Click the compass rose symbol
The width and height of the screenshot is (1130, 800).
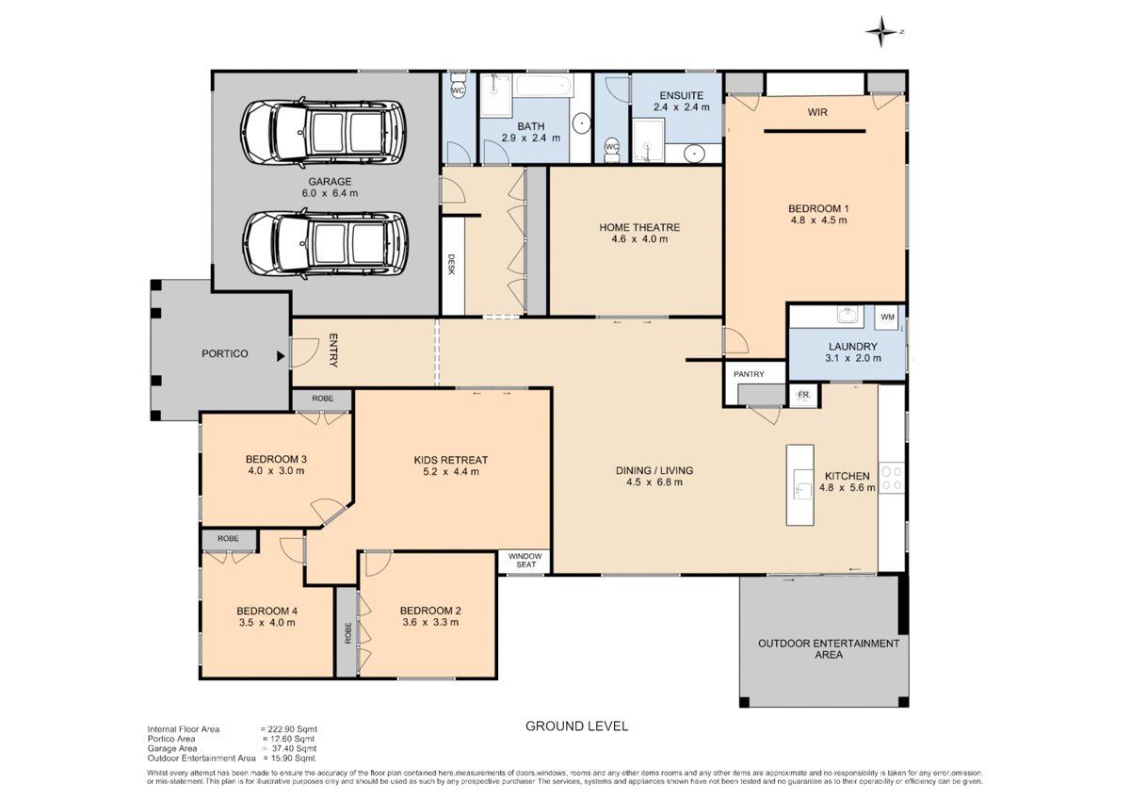(x=881, y=31)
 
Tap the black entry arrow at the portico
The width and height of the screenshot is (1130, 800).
(x=281, y=356)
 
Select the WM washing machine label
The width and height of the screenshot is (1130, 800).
(x=887, y=317)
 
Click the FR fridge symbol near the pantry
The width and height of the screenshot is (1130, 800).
(x=802, y=395)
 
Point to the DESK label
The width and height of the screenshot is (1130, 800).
(x=451, y=264)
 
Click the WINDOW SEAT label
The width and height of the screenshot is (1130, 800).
(x=525, y=561)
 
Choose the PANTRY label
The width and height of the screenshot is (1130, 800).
(x=749, y=374)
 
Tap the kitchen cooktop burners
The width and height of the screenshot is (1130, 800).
(x=892, y=479)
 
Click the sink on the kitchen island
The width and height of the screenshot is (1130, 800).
(x=802, y=484)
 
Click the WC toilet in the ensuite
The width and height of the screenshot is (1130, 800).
(x=612, y=149)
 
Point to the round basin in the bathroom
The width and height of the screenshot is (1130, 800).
(x=582, y=123)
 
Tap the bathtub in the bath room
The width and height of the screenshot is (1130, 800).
(x=544, y=86)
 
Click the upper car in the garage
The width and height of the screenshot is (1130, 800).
(x=323, y=133)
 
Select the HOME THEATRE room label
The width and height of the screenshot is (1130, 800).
(x=639, y=228)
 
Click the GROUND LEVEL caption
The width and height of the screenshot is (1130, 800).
(x=576, y=727)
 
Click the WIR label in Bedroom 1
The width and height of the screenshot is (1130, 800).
(x=817, y=112)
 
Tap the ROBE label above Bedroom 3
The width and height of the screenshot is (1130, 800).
(x=322, y=399)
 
